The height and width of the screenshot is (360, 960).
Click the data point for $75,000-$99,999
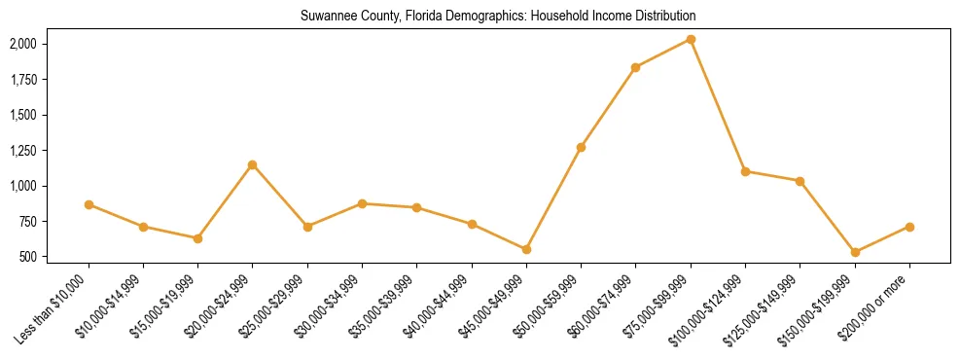(x=691, y=39)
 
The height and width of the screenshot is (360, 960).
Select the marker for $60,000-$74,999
(x=635, y=67)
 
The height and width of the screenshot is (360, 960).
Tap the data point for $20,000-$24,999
(x=253, y=164)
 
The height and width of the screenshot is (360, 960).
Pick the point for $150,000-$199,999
(x=855, y=252)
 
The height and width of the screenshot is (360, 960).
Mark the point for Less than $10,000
(x=89, y=204)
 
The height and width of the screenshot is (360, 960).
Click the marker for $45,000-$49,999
(x=526, y=249)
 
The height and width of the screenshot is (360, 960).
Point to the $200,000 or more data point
(x=909, y=227)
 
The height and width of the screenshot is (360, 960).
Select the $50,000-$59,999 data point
(x=581, y=147)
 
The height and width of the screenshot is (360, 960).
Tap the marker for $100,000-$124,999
(x=745, y=171)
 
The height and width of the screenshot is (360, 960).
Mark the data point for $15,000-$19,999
(x=197, y=238)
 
